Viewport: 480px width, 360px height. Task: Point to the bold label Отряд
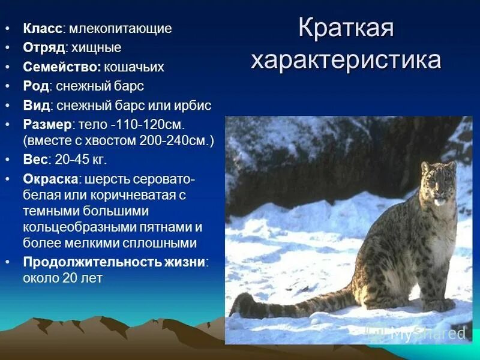tap(44, 47)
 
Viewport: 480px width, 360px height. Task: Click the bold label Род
tap(35, 86)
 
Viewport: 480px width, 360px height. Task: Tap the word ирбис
tap(193, 106)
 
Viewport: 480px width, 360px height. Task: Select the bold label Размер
tap(47, 125)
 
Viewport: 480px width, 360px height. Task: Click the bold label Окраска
tap(50, 179)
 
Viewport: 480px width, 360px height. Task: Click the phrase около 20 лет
tap(63, 278)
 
